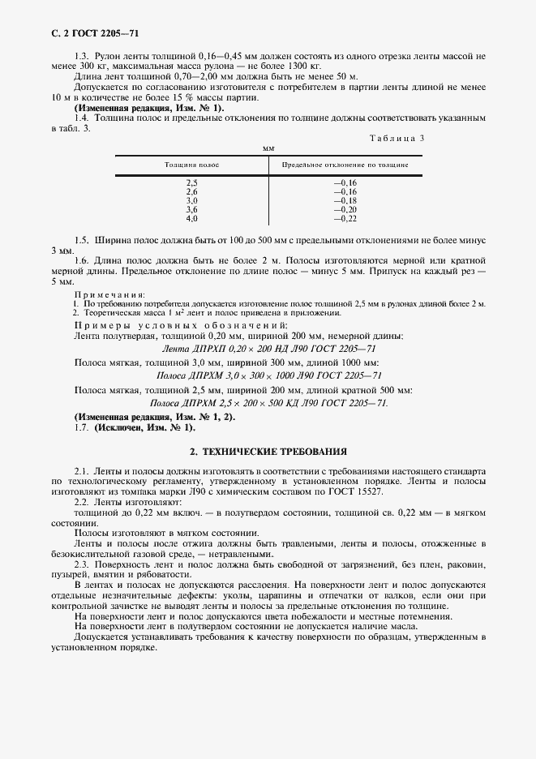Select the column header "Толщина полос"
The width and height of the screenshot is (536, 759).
pyautogui.click(x=191, y=165)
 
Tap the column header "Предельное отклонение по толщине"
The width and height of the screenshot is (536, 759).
pyautogui.click(x=345, y=165)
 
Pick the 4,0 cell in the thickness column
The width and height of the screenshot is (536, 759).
pyautogui.click(x=192, y=219)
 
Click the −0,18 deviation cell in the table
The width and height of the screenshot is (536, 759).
pyautogui.click(x=345, y=200)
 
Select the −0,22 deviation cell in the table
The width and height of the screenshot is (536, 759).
pyautogui.click(x=345, y=219)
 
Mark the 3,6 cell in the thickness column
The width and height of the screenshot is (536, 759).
pyautogui.click(x=192, y=209)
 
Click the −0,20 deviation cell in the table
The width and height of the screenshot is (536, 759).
pyautogui.click(x=345, y=209)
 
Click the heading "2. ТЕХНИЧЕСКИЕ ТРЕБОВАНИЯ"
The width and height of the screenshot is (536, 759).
pyautogui.click(x=268, y=450)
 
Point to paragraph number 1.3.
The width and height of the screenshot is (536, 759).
pyautogui.click(x=81, y=55)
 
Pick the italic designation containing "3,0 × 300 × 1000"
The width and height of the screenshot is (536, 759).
pyautogui.click(x=268, y=375)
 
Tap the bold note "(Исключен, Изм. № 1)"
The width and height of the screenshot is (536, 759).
pyautogui.click(x=144, y=427)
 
